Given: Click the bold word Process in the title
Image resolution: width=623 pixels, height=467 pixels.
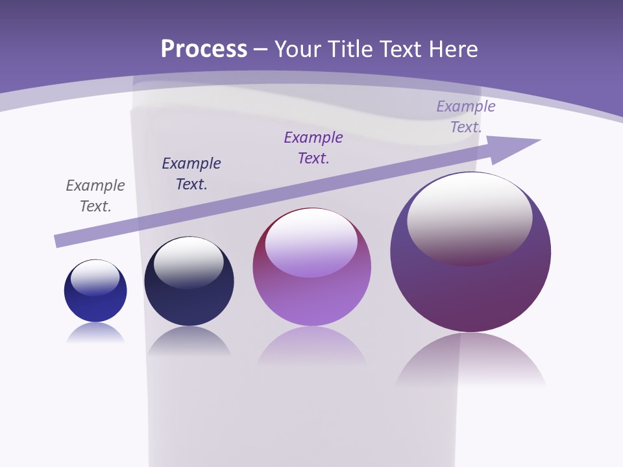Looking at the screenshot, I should coord(204,49).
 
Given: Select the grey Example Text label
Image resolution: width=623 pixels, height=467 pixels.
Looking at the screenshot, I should coord(95,196).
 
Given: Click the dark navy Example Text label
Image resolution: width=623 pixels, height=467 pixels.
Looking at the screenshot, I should coord(191,174).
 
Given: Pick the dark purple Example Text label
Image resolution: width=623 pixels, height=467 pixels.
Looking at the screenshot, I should coord(313,148).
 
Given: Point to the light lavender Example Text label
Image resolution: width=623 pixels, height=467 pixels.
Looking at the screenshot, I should coord(465,117).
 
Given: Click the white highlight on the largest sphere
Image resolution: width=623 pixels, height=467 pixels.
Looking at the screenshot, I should coord(469,217).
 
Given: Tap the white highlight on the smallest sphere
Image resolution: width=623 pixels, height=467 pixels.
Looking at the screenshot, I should coord(95,277).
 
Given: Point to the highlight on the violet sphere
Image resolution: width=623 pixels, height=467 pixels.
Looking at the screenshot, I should coord(311,241).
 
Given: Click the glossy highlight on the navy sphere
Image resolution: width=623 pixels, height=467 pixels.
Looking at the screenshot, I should coord(189,261).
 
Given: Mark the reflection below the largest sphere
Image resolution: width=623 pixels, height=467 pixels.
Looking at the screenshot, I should coord(470,363).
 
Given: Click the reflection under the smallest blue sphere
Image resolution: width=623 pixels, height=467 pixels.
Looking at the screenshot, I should coord(95,333).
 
